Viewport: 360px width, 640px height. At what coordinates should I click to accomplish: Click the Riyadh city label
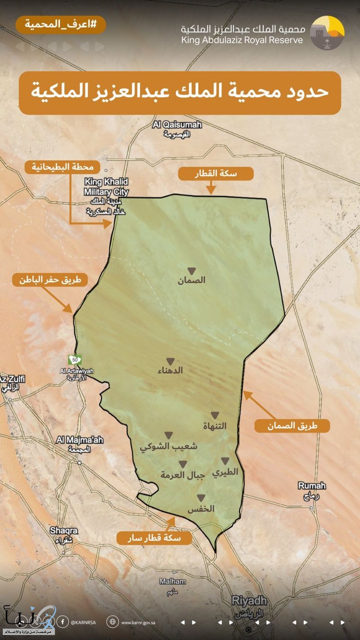(249, 604)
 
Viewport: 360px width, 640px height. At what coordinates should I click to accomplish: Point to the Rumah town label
(312, 490)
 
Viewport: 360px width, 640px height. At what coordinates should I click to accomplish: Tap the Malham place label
(172, 586)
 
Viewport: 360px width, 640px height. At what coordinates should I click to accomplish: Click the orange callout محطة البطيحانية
(63, 167)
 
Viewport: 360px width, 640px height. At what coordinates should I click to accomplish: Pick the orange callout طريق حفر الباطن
(49, 279)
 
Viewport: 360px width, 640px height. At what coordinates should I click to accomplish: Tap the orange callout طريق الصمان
(292, 425)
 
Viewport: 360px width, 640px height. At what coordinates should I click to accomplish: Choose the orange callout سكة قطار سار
(154, 538)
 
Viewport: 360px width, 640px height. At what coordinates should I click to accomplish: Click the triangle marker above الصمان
(191, 271)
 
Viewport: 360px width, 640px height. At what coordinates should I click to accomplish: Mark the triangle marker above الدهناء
(170, 361)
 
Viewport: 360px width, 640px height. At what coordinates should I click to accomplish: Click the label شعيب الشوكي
(168, 446)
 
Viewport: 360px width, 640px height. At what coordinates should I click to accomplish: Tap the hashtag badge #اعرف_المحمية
(61, 24)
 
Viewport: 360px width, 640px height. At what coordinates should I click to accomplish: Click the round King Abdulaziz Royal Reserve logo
(327, 32)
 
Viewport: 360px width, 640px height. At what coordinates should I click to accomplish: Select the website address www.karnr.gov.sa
(138, 623)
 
